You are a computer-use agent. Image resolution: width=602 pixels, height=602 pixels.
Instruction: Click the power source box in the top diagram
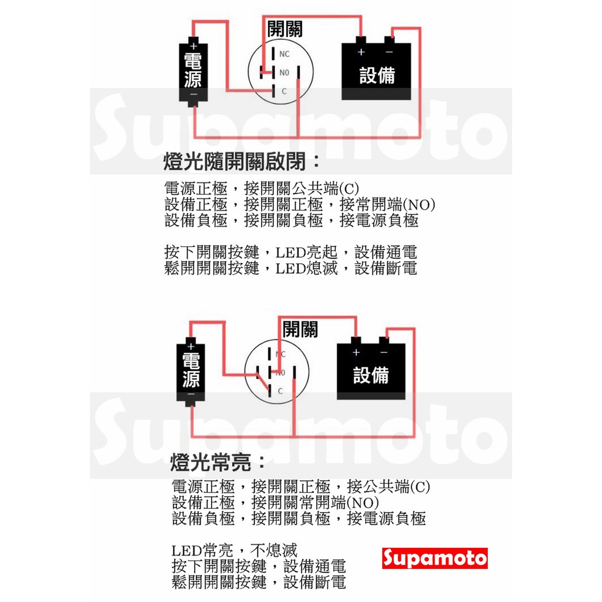[193, 73]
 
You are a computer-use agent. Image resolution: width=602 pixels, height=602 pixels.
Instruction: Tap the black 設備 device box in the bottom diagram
[370, 370]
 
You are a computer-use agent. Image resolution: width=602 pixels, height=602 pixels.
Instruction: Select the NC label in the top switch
[285, 54]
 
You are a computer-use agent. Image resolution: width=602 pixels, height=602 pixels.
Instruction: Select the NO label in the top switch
[285, 73]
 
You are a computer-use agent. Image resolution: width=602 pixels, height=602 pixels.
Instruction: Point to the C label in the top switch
[283, 91]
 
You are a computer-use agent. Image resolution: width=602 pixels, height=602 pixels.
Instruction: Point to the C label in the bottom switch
[280, 390]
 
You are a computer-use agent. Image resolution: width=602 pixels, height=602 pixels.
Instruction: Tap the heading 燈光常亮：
[218, 462]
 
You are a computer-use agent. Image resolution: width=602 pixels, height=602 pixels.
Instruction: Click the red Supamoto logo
[435, 557]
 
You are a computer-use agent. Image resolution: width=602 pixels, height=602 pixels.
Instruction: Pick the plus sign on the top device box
[361, 52]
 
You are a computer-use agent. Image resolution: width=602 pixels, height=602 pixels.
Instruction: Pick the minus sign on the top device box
[389, 52]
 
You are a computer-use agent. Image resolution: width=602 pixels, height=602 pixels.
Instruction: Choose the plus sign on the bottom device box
[356, 352]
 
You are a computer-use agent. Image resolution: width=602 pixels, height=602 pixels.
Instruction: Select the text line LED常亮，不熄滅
[235, 551]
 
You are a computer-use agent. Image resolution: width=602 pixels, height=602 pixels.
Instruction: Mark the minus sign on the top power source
[193, 95]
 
